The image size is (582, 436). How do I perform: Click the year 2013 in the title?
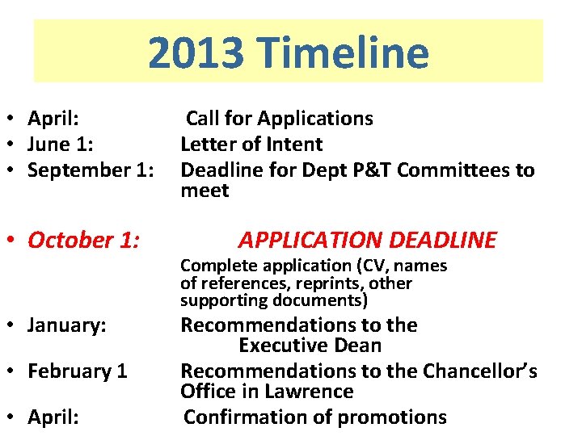195,53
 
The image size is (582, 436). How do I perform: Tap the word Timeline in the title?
342,53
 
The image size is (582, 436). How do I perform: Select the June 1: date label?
61,145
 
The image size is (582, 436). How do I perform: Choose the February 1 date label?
78,371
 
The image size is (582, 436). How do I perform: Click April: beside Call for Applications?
53,119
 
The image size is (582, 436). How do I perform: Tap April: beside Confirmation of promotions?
53,417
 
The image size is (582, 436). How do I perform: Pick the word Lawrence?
311,392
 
